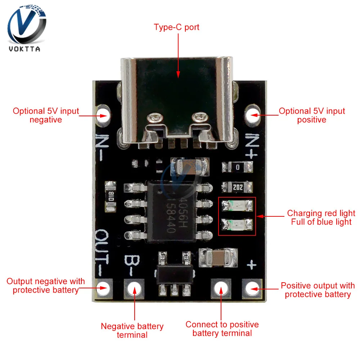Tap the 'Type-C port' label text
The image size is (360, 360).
coord(176,27)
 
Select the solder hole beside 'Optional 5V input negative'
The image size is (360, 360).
coord(103,116)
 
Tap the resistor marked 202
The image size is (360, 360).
coord(237,187)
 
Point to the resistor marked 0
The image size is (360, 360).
coord(237,167)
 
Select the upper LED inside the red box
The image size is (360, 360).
coord(237,206)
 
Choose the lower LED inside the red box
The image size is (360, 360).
coord(237,225)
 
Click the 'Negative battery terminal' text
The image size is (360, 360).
coord(132,330)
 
